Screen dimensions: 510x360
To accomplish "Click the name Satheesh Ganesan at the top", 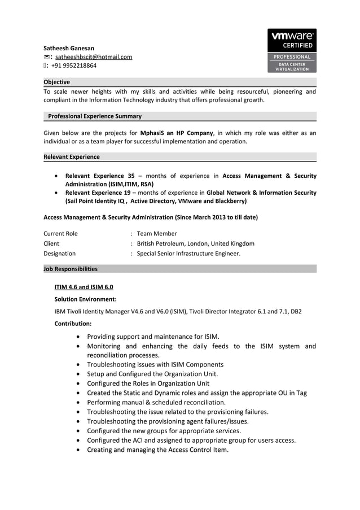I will point(69,48).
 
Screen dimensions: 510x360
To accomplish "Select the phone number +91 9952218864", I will point(74,66).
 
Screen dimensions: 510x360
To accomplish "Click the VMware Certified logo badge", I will point(292,51).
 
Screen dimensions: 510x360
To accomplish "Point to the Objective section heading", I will point(57,82).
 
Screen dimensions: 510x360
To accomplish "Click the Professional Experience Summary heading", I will point(95,116).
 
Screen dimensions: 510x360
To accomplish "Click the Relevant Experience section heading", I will point(72,157).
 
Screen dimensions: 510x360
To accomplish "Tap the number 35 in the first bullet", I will point(131,176).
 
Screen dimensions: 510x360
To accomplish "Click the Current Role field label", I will point(61,233).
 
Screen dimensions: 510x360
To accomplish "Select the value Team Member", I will point(157,233).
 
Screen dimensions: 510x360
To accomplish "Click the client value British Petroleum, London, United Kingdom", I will point(195,243).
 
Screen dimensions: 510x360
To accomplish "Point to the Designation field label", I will point(60,254).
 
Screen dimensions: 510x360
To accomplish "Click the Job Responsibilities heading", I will point(71,269).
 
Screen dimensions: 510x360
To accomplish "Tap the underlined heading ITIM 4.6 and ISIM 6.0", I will point(84,287).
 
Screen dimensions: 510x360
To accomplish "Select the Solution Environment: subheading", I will point(85,299).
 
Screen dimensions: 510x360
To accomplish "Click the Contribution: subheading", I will point(73,324).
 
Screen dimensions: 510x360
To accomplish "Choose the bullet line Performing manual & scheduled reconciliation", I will point(156,402).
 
